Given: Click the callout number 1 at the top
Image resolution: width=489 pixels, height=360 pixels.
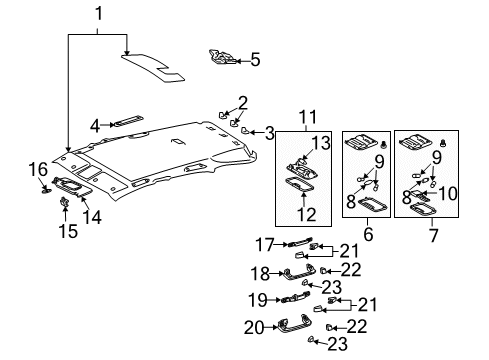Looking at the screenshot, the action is pos(99,14).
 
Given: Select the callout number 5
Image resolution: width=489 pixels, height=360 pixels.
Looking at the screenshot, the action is pos(255,60).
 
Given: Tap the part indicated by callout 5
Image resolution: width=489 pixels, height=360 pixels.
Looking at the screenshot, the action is pos(222,58).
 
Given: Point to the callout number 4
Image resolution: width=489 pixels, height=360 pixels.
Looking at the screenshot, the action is pos(95,126).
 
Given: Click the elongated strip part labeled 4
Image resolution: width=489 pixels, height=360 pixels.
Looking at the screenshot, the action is pos(128,121).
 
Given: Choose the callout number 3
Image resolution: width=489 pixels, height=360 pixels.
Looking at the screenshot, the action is pos(270,133).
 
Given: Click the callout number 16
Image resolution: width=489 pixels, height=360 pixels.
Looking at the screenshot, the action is pos(38,169).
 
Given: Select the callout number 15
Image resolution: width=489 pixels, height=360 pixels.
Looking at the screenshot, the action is pos(68,231).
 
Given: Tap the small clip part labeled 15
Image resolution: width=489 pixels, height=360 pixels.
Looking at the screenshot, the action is pos(64,202).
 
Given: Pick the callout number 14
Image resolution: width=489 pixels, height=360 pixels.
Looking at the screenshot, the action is pos(92,217).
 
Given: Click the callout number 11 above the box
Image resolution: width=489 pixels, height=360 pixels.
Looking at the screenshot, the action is pos(308,117).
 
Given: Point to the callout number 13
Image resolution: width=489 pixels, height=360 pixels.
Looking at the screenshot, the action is pos(321,143).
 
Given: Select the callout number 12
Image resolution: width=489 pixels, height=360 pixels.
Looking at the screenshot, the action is pos(306,214).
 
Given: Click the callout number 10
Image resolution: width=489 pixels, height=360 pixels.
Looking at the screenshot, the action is pos(448,194).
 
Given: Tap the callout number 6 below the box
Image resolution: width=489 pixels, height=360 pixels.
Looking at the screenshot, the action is pos(368,234).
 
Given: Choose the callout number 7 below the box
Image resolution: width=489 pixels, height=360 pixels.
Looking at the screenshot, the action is pos(433,235).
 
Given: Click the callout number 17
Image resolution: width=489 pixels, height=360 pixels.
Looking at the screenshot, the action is pos(265,245).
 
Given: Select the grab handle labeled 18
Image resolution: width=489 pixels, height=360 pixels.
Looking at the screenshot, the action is pos(300,271).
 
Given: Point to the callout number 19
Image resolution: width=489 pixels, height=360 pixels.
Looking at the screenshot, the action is pos(258,300).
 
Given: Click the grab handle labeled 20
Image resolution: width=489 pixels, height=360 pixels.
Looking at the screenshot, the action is pos(294,324).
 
